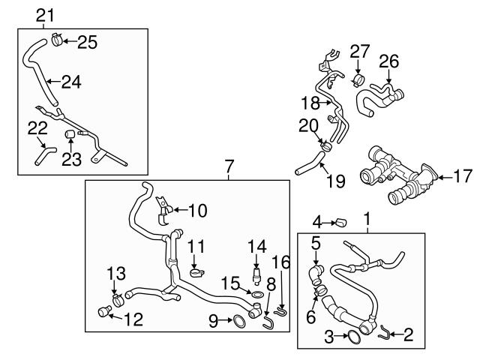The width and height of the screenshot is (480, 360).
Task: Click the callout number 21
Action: pos(46,14)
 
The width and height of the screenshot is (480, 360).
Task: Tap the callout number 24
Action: pos(70,82)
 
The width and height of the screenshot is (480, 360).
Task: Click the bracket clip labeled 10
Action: pos(163,211)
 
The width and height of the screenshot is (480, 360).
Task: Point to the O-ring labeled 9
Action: pos(236,322)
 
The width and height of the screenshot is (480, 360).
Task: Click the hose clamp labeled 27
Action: pos(358,79)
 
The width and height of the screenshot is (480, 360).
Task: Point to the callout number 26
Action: pos(388,60)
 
